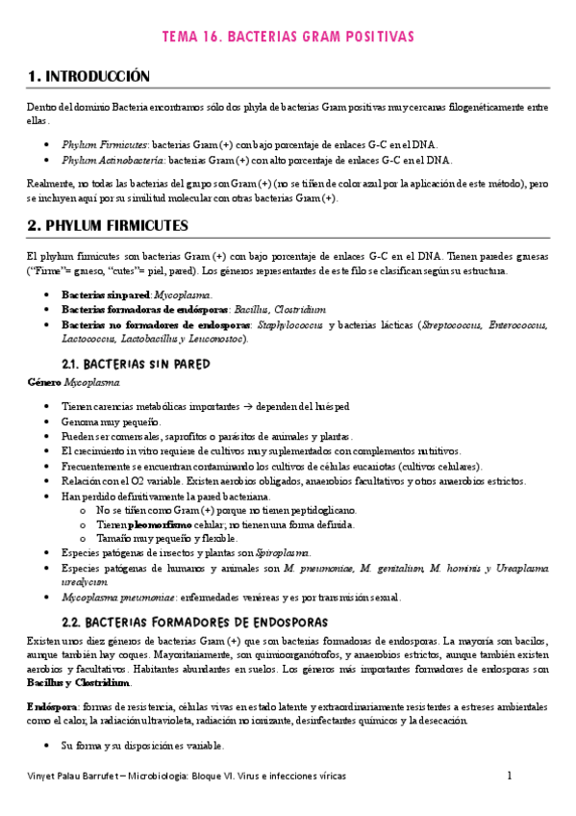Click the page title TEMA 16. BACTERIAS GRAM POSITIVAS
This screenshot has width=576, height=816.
point(288,37)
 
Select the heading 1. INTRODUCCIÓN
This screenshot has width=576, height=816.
point(89,75)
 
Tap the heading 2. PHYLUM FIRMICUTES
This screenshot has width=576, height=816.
point(121,226)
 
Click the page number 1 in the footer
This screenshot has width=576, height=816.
point(510,776)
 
